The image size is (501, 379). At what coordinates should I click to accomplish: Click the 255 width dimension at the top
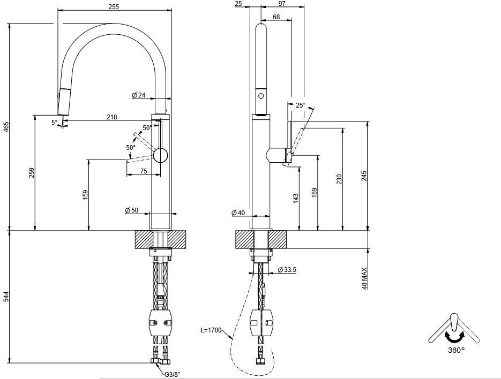coord(113,6)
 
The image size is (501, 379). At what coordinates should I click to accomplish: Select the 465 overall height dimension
coord(6,127)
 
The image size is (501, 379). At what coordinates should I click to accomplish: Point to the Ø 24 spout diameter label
coord(139,95)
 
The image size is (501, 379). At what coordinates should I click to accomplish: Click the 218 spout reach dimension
coord(111,117)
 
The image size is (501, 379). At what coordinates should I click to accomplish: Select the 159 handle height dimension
coord(85,195)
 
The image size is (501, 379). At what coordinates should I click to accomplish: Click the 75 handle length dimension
coord(144,171)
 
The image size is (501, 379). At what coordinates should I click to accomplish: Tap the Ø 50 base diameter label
coord(132,210)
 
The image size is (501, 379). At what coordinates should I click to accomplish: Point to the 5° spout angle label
coord(54,123)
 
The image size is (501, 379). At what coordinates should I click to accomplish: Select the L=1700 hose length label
coord(211,330)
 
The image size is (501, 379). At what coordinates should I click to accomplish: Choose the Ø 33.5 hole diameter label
coord(287,270)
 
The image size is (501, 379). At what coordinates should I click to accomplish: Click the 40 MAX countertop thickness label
coord(365,278)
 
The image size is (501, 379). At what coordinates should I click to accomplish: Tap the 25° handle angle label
coord(300,105)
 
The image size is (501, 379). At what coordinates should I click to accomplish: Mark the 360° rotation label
coord(455,350)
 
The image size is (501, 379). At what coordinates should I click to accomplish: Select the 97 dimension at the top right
coord(282,4)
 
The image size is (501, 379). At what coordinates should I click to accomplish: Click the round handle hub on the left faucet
coord(160,155)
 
